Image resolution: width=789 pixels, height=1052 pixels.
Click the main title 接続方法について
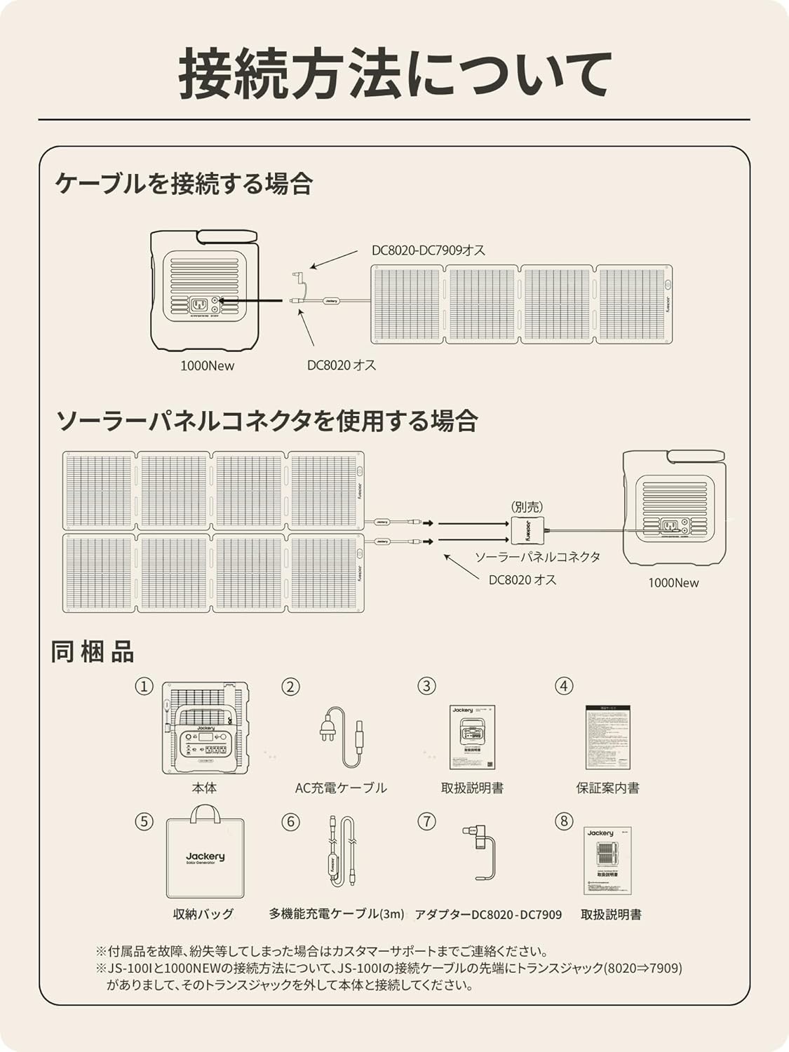pos(394,73)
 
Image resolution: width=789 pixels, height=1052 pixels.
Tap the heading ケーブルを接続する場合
pos(184,184)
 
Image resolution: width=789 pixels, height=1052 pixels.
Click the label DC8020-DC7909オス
pos(428,250)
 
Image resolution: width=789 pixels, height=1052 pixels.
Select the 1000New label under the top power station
pos(208,365)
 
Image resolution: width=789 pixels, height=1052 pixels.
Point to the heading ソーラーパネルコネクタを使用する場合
pos(267,421)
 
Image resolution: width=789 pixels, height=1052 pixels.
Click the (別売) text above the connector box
pos(527,506)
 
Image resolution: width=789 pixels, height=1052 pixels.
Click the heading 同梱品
pos(92,652)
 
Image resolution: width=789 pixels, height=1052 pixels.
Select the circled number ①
pos(144,686)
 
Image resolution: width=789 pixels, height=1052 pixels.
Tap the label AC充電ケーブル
pos(341,788)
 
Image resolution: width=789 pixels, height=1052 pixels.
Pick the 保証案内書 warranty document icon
pos(607,738)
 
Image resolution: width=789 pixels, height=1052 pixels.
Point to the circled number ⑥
pos(290,821)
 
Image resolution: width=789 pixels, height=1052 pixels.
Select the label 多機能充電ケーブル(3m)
pos(337,914)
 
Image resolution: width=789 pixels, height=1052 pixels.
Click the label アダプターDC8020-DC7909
pos(488,915)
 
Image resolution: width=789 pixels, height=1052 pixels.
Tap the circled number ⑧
pos(564,821)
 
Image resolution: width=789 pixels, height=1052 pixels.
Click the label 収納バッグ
pos(203,914)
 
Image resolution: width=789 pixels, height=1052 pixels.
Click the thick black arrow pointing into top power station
pos(252,301)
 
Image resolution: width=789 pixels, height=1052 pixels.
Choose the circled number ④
pos(564,686)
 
